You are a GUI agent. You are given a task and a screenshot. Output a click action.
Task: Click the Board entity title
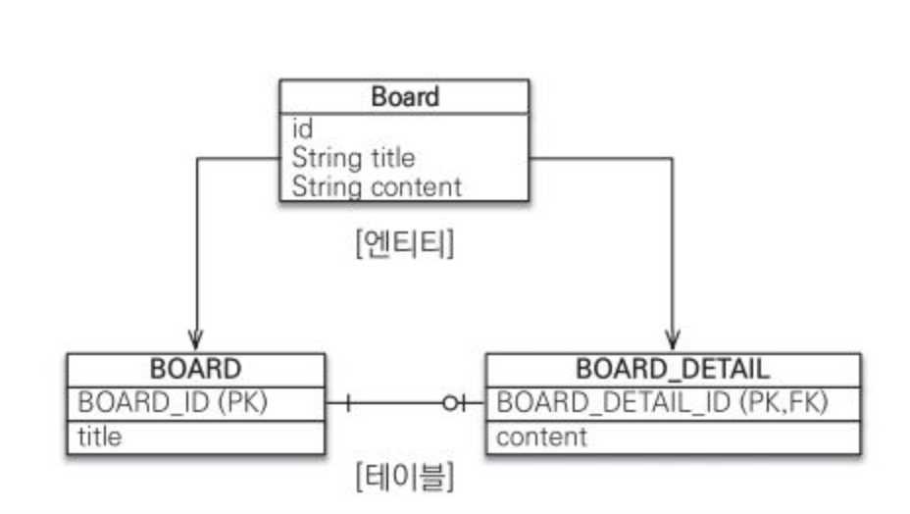(405, 97)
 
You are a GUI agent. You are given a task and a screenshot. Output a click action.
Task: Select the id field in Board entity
(302, 128)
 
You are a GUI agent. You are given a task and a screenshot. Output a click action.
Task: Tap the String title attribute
(353, 157)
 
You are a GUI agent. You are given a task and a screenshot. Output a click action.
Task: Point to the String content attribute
(377, 185)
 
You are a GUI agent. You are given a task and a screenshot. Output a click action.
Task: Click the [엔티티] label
(404, 243)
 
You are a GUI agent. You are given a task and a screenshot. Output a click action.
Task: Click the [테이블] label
(404, 477)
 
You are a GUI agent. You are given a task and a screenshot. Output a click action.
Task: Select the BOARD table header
(195, 370)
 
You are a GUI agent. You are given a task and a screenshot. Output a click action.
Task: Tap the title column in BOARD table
(100, 437)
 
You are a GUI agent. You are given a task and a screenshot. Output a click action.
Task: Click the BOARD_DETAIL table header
(673, 370)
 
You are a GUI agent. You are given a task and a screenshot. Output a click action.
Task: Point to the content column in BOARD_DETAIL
(541, 437)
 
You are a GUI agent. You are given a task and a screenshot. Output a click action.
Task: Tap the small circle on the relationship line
(450, 403)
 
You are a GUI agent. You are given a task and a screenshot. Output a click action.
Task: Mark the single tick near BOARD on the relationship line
(347, 403)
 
